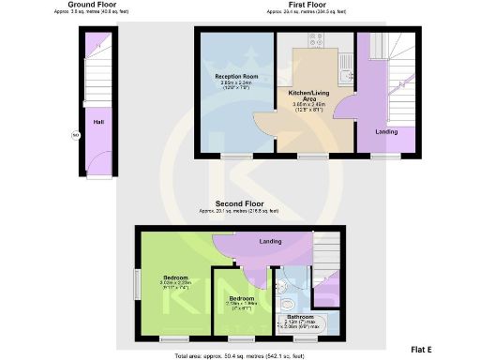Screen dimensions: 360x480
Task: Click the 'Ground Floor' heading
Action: tap(92, 5)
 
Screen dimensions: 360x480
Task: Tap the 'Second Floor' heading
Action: tap(239, 203)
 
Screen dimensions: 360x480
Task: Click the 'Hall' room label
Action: tap(97, 122)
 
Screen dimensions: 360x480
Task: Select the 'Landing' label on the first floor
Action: tap(385, 131)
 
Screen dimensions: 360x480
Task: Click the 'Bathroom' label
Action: tap(300, 317)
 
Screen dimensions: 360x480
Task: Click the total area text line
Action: tap(239, 356)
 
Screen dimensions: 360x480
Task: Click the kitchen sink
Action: tap(347, 65)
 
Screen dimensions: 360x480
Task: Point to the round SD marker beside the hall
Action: tap(76, 135)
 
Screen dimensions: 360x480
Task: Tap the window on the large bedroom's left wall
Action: tap(137, 281)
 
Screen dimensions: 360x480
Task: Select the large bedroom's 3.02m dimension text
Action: tap(177, 284)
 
